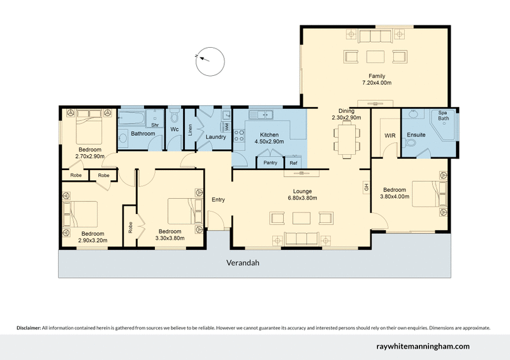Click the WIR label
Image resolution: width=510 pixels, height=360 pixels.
[x=391, y=136]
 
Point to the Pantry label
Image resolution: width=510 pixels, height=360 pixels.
[x=270, y=163]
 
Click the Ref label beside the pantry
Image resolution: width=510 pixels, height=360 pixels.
[x=293, y=163]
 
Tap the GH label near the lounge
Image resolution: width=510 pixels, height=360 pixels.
[x=366, y=187]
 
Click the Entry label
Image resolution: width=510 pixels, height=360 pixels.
[x=218, y=199]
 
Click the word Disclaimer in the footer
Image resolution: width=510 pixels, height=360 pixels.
[x=28, y=328]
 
